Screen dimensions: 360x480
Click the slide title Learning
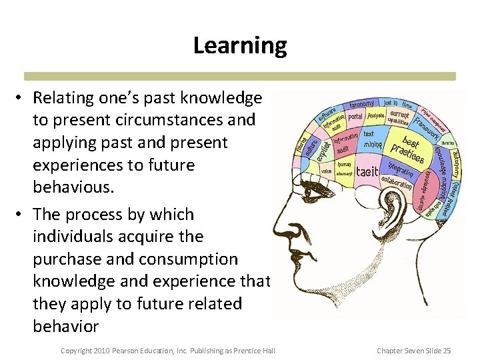click(x=240, y=45)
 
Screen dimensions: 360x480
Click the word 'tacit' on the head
click(x=367, y=171)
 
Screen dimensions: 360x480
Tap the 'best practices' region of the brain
click(x=407, y=151)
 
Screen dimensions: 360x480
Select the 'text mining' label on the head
click(x=373, y=139)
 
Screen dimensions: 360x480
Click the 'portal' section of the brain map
click(x=355, y=117)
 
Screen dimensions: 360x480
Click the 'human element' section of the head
click(x=344, y=168)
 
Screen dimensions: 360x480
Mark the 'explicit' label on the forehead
click(x=322, y=147)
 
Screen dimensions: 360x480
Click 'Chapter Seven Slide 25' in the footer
click(x=414, y=351)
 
